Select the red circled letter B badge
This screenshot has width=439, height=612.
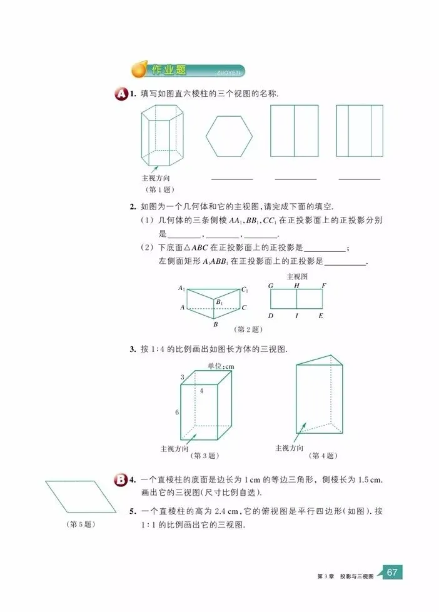point(121,480)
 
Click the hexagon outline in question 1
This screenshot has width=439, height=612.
point(230,135)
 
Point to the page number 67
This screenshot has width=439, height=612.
point(392,572)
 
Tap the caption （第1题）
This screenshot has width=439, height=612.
point(159,189)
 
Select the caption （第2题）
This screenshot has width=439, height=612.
point(246,328)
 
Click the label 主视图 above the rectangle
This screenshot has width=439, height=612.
point(296,276)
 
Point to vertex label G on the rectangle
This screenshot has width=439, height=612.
point(271,286)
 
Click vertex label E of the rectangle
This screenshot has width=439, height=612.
point(321,316)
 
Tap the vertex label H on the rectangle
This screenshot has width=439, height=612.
point(296,286)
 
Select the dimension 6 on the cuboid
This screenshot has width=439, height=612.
point(176,412)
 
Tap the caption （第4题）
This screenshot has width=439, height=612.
point(322,456)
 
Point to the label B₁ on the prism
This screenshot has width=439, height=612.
point(219,303)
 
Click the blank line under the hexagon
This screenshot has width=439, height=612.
point(232,179)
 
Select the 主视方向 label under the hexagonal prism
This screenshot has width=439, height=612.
point(156,178)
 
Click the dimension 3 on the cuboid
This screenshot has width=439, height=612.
point(182,377)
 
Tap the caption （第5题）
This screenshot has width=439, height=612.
point(81,524)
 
